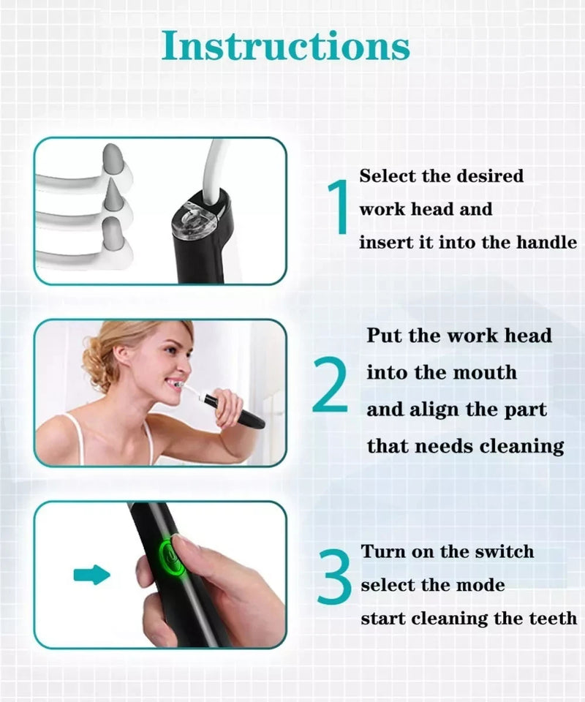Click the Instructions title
(x=286, y=45)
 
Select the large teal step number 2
(x=331, y=384)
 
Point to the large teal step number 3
(x=335, y=576)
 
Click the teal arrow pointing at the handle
(x=91, y=575)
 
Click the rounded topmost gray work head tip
(x=113, y=159)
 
